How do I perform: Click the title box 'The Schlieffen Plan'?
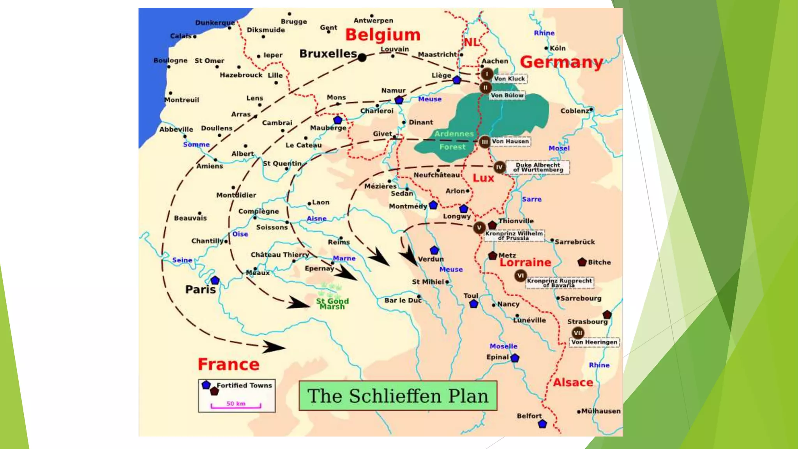click(x=398, y=396)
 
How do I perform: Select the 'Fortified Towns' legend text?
click(x=244, y=385)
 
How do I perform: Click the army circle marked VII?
click(x=578, y=333)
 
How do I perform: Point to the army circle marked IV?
click(x=499, y=167)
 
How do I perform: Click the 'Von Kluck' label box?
click(x=509, y=79)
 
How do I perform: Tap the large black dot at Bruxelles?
click(x=362, y=58)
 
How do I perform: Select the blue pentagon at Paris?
click(x=215, y=280)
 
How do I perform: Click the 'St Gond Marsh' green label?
click(x=332, y=304)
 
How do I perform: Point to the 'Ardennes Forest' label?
click(x=453, y=140)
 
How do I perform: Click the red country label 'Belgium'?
click(x=383, y=35)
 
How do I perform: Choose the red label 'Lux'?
click(x=483, y=178)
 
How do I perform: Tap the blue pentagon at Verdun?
click(x=434, y=250)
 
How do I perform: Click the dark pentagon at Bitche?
click(x=582, y=262)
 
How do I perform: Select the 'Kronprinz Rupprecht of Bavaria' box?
click(x=560, y=283)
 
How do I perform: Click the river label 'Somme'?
click(x=196, y=145)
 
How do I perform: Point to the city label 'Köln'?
click(x=558, y=48)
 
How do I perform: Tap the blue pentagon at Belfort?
click(x=542, y=424)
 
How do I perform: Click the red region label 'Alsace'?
click(x=573, y=383)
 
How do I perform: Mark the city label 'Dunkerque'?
click(x=215, y=23)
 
